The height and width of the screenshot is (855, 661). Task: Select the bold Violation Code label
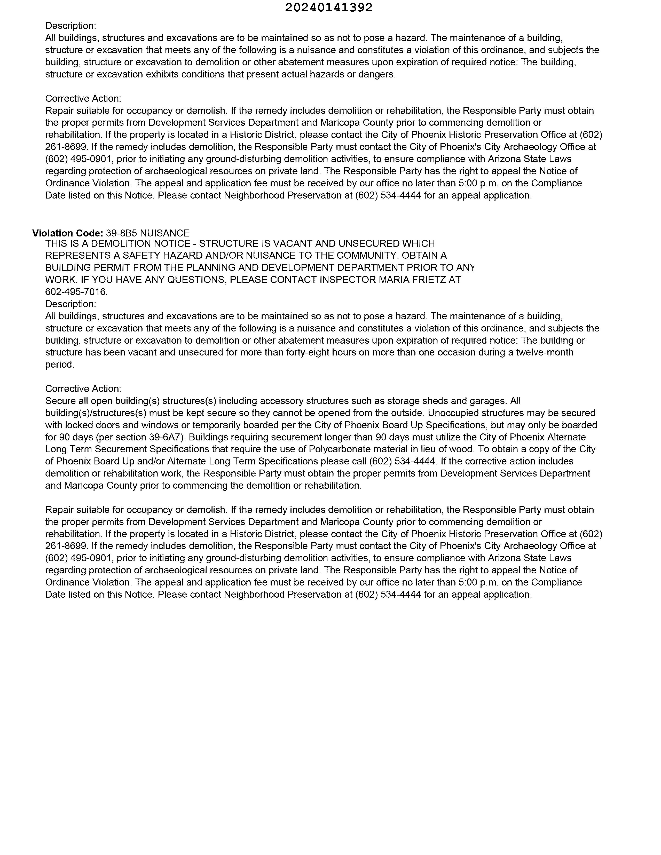(67, 233)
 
